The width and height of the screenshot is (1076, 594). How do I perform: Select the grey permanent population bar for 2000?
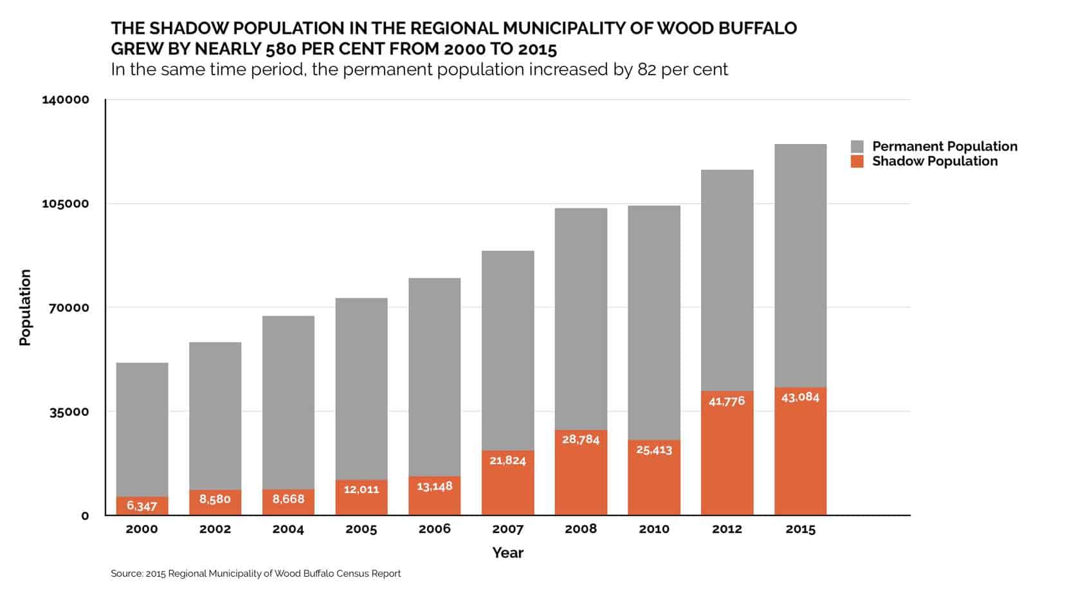pyautogui.click(x=142, y=429)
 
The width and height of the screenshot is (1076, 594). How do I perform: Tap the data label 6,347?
pyautogui.click(x=142, y=506)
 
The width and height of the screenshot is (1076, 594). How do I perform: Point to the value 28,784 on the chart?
pyautogui.click(x=581, y=440)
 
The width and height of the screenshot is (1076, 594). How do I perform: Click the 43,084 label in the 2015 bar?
pyautogui.click(x=800, y=397)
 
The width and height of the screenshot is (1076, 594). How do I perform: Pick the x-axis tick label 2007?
pyautogui.click(x=507, y=529)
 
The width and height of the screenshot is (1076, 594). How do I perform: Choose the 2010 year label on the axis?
pyautogui.click(x=654, y=529)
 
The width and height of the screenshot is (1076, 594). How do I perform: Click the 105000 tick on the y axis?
pyautogui.click(x=66, y=204)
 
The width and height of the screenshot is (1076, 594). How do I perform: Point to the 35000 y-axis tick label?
pyautogui.click(x=69, y=412)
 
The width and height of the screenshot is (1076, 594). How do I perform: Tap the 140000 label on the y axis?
pyautogui.click(x=66, y=100)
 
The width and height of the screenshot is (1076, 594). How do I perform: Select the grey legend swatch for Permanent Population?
pyautogui.click(x=857, y=147)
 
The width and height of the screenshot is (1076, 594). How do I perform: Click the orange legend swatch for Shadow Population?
pyautogui.click(x=857, y=161)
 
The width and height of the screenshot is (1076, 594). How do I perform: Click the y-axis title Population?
pyautogui.click(x=25, y=307)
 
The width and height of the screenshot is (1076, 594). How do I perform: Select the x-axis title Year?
pyautogui.click(x=507, y=553)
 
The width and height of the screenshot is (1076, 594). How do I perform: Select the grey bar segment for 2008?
pyautogui.click(x=581, y=318)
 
